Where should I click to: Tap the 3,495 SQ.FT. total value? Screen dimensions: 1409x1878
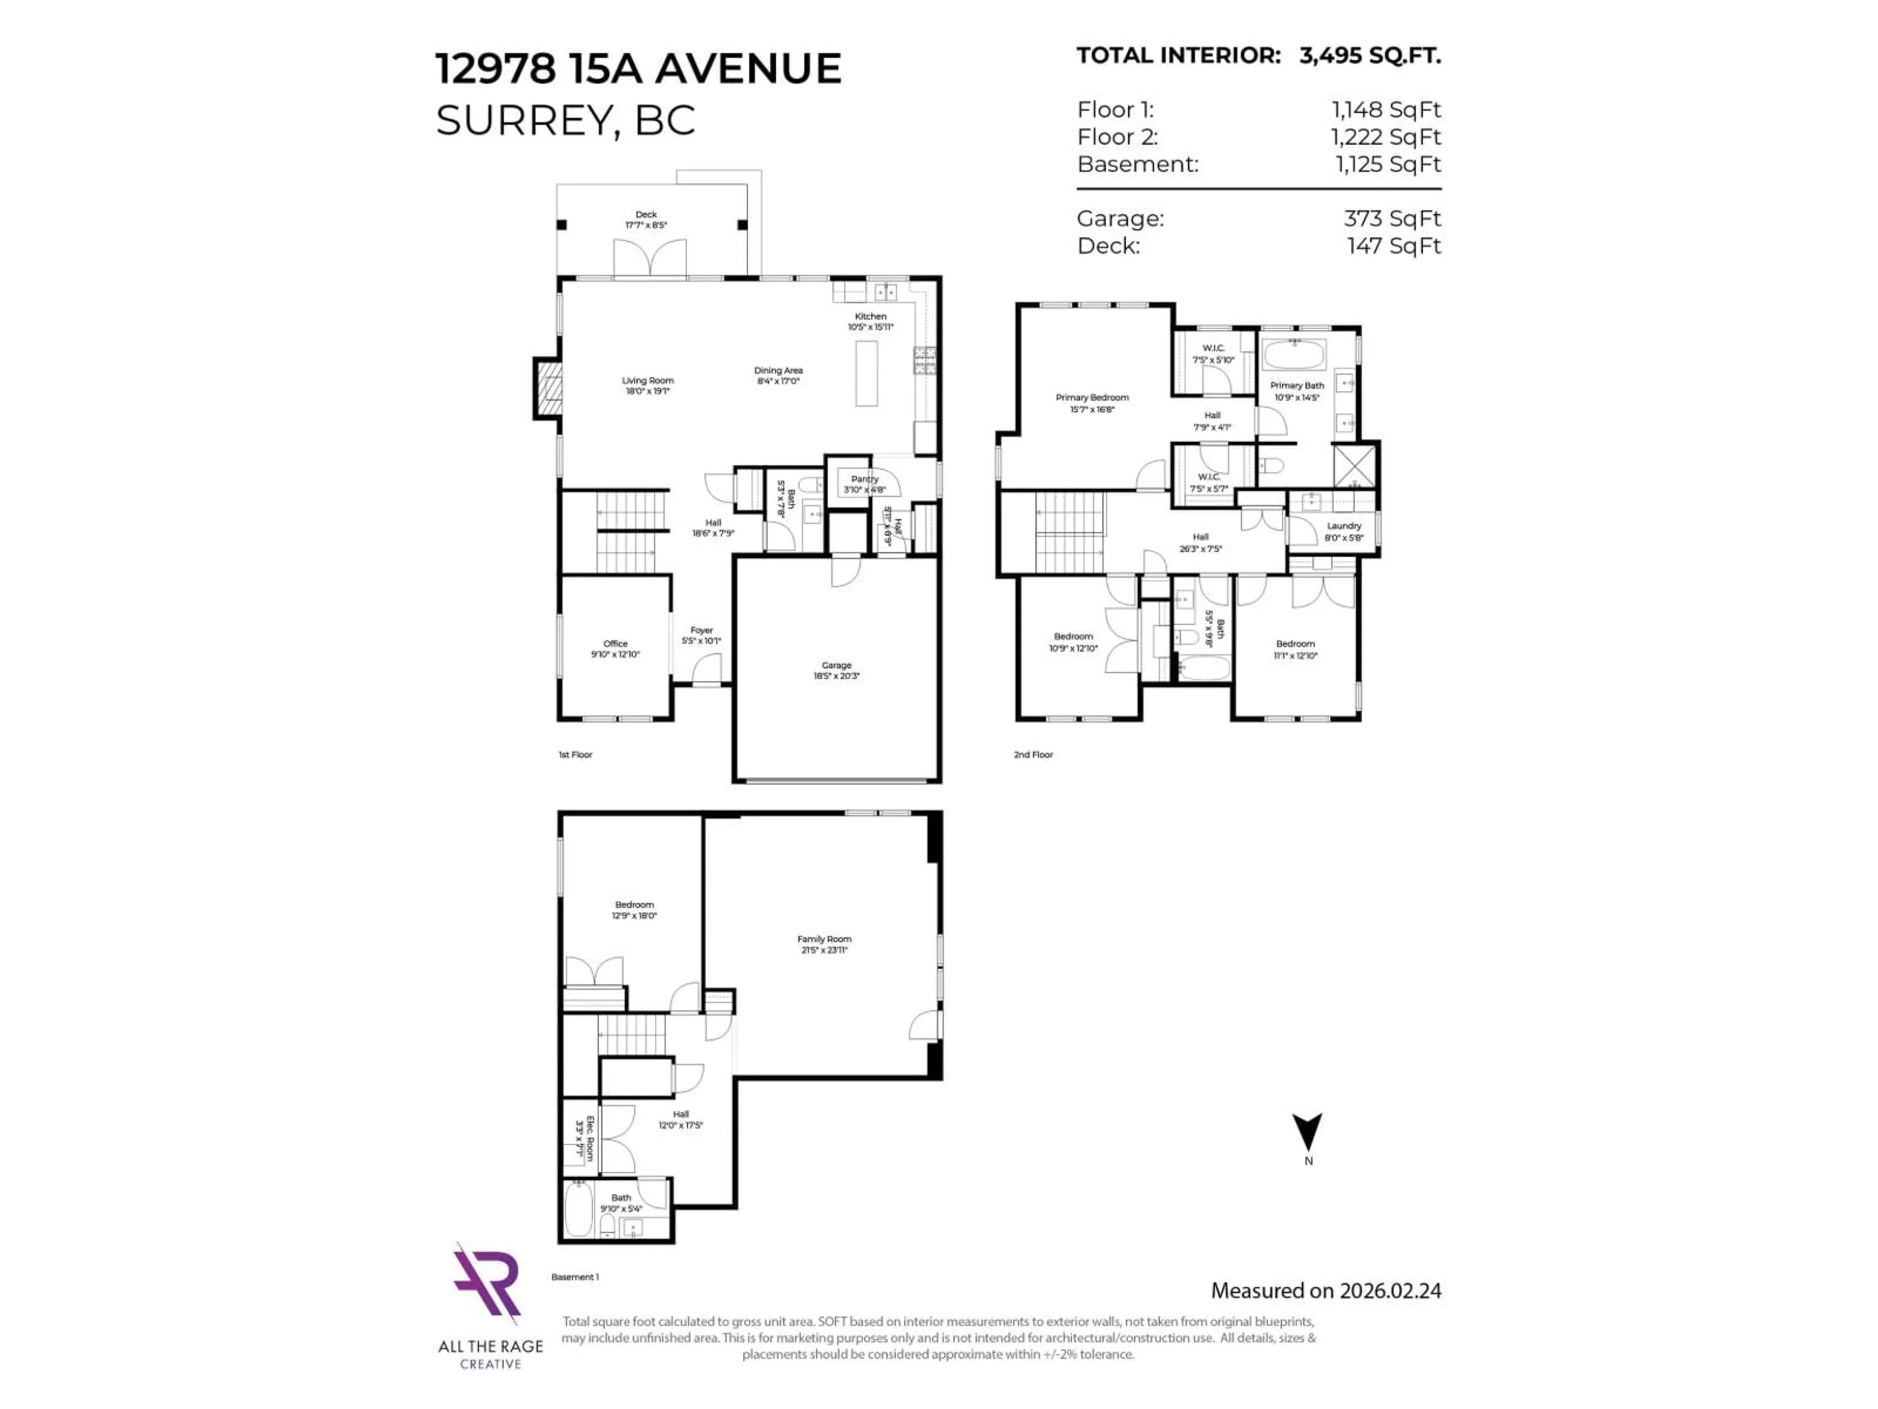coord(1369,56)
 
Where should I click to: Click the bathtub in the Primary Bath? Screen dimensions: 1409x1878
coord(1294,353)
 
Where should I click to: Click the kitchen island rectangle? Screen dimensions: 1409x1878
coord(866,374)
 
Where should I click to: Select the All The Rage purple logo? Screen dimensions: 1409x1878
coord(487,1282)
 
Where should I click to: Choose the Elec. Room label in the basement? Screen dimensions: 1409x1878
coord(585,1139)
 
